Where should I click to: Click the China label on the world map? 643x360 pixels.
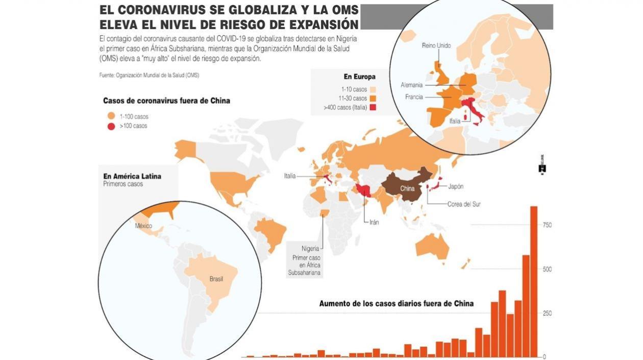(x=407, y=188)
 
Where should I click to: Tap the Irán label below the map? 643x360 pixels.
(x=374, y=223)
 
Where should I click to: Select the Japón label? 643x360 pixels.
(x=455, y=186)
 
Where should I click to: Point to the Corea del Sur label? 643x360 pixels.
(x=464, y=204)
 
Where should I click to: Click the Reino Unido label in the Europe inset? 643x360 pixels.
(x=436, y=45)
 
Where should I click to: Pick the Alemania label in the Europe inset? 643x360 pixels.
(x=412, y=85)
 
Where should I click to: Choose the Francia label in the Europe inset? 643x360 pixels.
(x=414, y=97)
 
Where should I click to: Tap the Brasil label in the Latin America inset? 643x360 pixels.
(x=216, y=279)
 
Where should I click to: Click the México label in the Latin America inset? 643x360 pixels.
(x=143, y=225)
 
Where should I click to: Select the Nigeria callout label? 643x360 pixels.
(x=310, y=249)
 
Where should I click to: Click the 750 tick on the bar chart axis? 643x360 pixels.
(x=547, y=225)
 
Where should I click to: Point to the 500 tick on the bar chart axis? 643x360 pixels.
(x=547, y=269)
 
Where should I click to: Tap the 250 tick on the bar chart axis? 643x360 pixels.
(x=547, y=313)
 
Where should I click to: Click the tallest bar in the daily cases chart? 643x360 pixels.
(x=534, y=281)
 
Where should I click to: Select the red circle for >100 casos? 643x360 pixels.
(x=111, y=126)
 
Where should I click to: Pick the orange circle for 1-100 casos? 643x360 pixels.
(x=111, y=116)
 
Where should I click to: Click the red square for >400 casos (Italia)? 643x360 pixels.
(x=373, y=107)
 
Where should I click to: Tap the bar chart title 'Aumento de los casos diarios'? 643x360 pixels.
(x=396, y=303)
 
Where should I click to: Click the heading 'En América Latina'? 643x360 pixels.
(x=132, y=176)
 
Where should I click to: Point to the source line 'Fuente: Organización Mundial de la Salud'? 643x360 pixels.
(x=149, y=75)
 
